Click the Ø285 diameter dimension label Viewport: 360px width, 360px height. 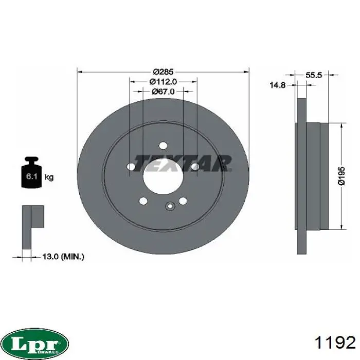pos(163,72)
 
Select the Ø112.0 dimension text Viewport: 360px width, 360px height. pos(163,81)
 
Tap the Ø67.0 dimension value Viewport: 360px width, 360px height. pos(163,92)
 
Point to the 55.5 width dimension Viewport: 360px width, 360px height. pos(314,75)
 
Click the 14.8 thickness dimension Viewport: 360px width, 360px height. pos(277,85)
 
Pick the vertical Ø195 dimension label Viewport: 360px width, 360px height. pos(341,176)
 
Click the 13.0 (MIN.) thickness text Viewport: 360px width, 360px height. pos(63,257)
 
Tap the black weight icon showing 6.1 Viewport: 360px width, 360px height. pos(31,172)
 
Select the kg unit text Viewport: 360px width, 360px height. pos(49,177)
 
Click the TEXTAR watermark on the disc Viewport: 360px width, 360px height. pos(183,163)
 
